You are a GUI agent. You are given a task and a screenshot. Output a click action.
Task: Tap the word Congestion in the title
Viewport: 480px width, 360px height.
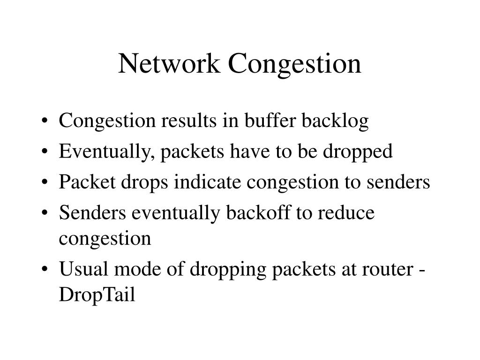[x=295, y=64]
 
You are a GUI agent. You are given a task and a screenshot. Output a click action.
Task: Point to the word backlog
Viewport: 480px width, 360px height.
[x=335, y=121]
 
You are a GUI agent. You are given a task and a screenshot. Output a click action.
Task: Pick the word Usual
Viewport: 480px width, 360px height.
[x=83, y=270]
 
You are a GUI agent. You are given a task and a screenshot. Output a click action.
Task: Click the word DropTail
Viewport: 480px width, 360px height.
[x=97, y=295]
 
